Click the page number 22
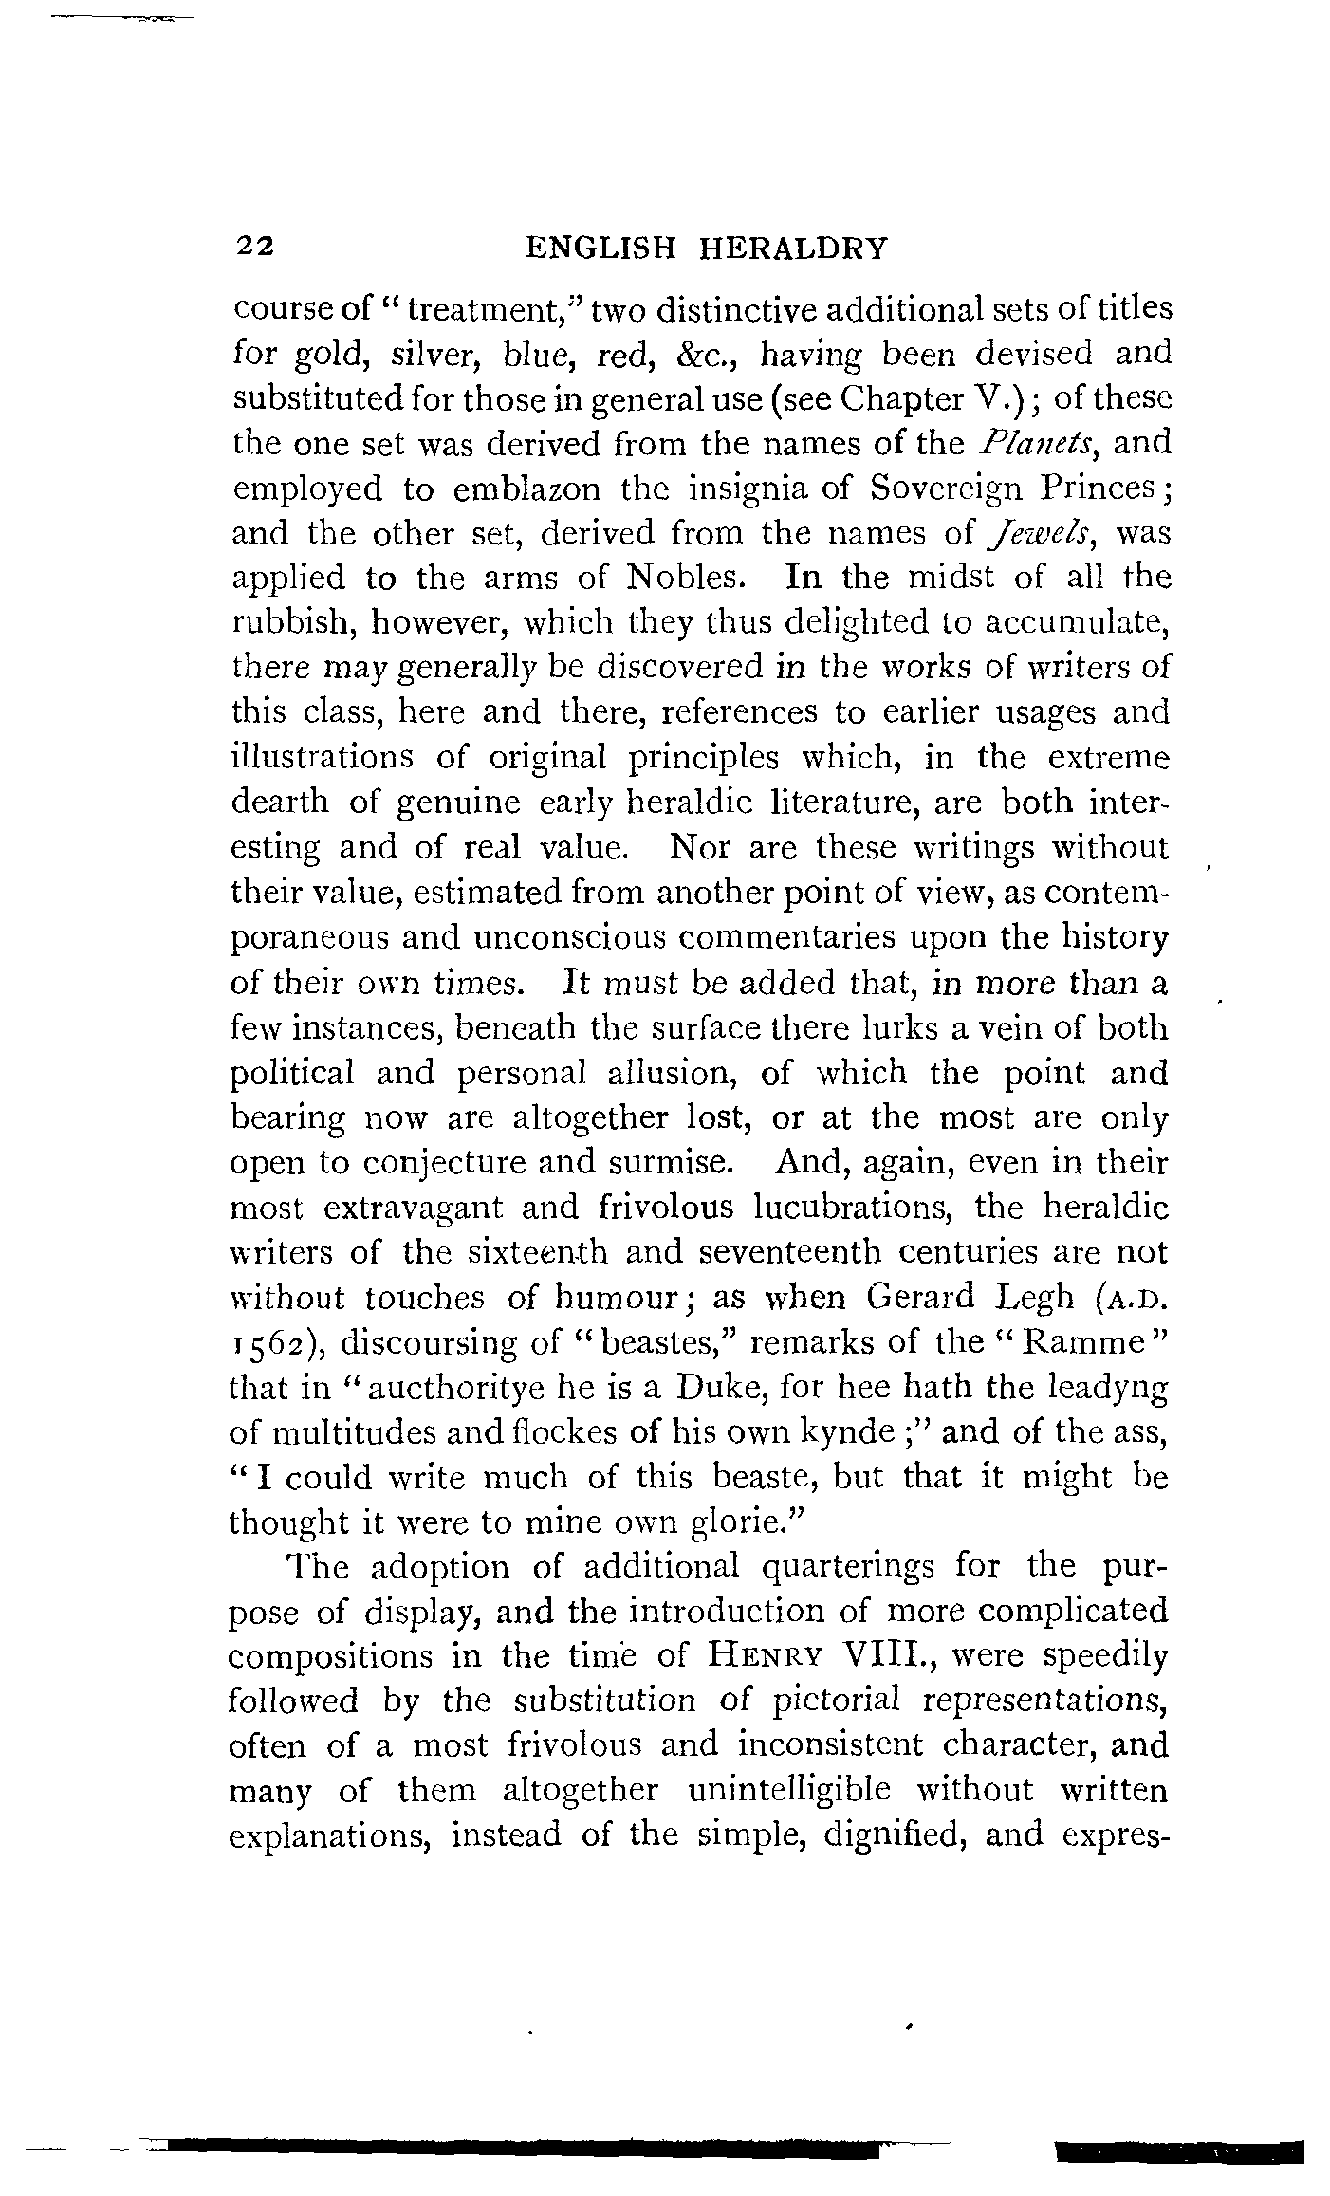[255, 248]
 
